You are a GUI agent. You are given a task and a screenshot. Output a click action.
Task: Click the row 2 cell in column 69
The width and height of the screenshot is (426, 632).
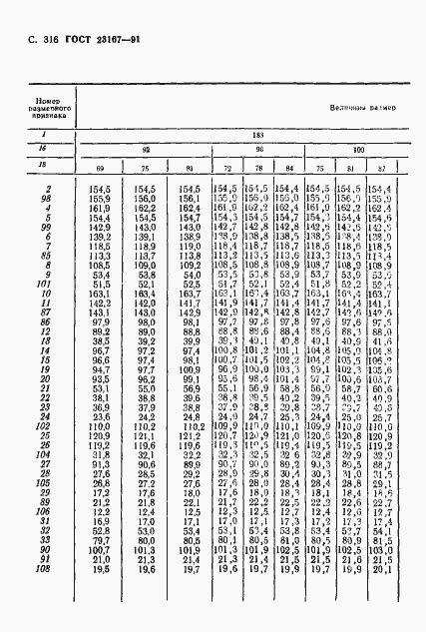[100, 189]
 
